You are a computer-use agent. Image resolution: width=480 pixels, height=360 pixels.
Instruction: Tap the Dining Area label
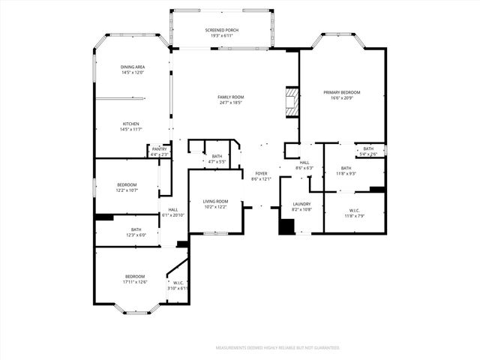[x=132, y=70]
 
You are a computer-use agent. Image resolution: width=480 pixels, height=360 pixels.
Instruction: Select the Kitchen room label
[x=131, y=127]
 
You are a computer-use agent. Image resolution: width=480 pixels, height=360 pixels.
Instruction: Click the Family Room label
[x=231, y=99]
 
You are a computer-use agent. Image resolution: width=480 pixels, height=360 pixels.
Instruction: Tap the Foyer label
[x=260, y=176]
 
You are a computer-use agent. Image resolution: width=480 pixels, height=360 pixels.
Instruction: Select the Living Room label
[x=216, y=204]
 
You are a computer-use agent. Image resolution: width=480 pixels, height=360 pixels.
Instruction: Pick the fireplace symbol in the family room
[x=292, y=103]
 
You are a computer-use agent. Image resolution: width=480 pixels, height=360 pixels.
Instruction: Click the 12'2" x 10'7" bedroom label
[x=127, y=187]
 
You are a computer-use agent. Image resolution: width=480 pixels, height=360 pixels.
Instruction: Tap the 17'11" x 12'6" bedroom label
[x=136, y=279]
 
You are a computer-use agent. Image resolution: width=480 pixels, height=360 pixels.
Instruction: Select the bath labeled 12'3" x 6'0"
[x=136, y=232]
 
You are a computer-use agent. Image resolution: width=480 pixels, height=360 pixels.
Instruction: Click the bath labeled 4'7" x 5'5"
[x=217, y=158]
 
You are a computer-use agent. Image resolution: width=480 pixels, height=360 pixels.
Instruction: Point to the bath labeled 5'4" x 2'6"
[x=368, y=151]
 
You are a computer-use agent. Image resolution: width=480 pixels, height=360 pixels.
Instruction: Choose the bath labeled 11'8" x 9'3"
[x=346, y=171]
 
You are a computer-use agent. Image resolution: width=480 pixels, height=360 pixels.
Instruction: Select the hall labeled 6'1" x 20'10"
[x=173, y=212]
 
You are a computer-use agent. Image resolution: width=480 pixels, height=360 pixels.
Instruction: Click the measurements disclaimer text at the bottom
[x=277, y=348]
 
